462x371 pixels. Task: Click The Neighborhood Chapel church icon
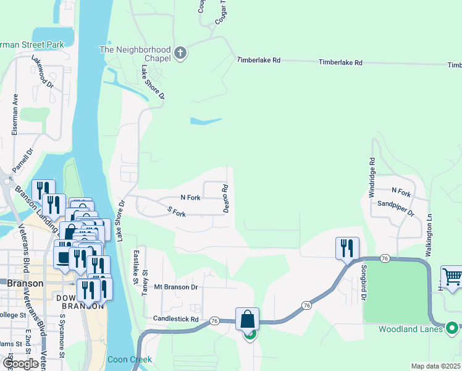[180, 53]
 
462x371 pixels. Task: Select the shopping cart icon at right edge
[452, 278]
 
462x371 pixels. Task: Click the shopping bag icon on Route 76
[247, 320]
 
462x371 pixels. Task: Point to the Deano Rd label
[226, 198]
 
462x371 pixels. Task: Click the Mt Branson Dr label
[175, 287]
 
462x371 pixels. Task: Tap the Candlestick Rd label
[176, 319]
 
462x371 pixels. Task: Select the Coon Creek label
[129, 359]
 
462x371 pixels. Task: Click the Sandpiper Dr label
[395, 207]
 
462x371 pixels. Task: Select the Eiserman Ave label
[15, 114]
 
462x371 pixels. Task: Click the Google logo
[21, 363]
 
